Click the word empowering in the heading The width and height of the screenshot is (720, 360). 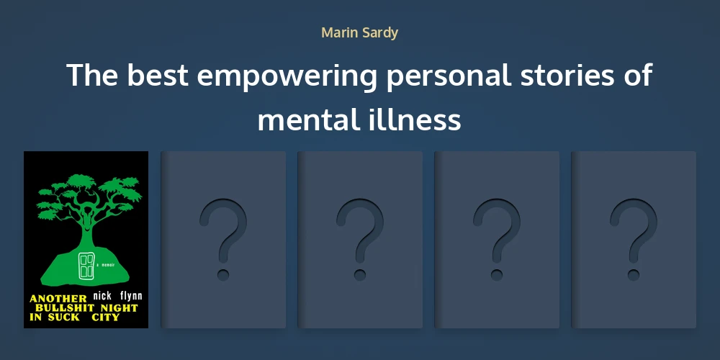287,76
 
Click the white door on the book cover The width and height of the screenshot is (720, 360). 86,266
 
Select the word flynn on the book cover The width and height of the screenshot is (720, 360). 129,295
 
